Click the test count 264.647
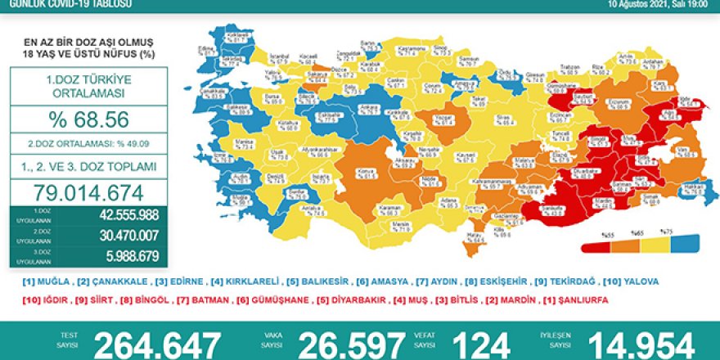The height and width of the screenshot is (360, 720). (x=157, y=344)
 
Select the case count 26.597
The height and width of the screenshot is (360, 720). (x=351, y=344)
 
